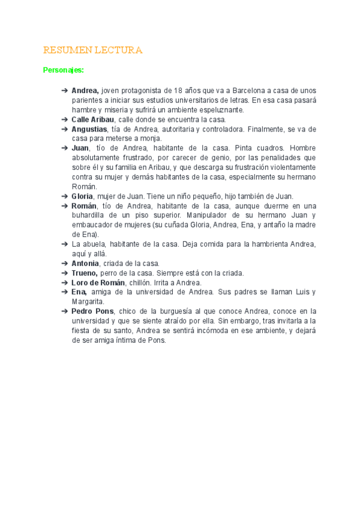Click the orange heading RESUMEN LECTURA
pos(92,50)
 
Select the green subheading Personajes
pos(64,70)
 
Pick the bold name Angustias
pos(89,129)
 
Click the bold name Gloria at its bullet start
pos(82,196)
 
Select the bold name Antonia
pos(85,264)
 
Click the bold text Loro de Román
pos(98,283)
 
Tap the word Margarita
pos(88,301)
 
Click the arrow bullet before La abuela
pos(65,244)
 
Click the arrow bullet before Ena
pos(65,292)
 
